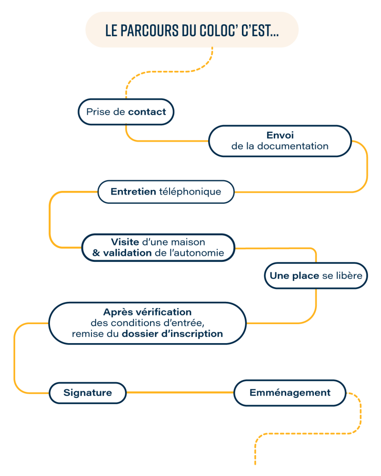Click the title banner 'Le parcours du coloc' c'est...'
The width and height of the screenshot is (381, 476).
click(192, 30)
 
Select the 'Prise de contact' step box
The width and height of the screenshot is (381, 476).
click(126, 112)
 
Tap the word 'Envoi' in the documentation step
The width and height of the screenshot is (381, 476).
click(280, 135)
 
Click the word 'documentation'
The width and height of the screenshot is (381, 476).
click(292, 146)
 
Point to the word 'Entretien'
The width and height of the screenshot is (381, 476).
click(133, 192)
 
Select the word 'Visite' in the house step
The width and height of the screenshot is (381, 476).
click(125, 242)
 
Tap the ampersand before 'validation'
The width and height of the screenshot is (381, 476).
click(94, 253)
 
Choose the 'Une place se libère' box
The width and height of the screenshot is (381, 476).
click(316, 276)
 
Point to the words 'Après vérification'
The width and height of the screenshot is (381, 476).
click(147, 312)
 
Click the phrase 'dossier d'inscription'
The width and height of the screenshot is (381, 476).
click(172, 334)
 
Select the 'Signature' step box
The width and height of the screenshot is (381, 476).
click(88, 393)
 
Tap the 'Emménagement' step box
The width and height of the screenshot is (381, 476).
click(290, 393)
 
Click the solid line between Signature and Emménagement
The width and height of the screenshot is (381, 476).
click(180, 393)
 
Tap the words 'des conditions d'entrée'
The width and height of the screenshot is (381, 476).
click(147, 323)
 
